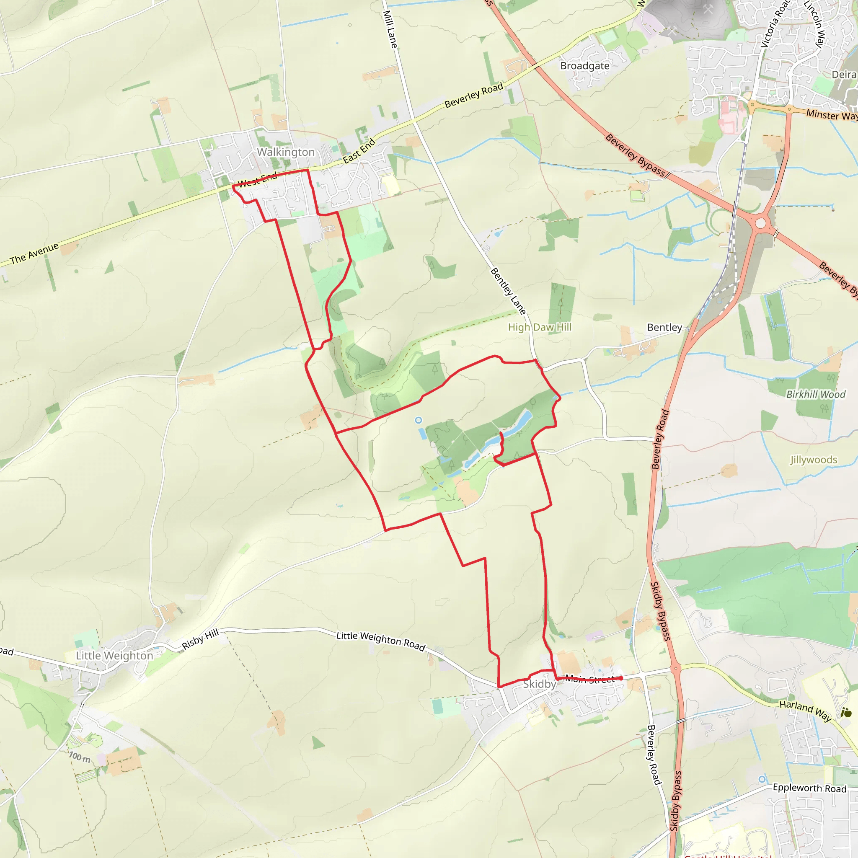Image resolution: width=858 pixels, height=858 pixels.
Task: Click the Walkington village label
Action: pyautogui.click(x=286, y=152)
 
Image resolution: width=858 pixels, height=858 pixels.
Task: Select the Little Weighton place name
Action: pyautogui.click(x=114, y=656)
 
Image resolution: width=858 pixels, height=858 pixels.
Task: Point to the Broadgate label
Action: pyautogui.click(x=584, y=66)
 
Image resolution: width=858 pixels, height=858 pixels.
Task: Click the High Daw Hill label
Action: pyautogui.click(x=540, y=327)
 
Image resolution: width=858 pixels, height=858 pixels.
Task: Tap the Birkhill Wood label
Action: pyautogui.click(x=816, y=394)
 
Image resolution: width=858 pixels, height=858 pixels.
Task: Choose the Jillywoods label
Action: pyautogui.click(x=814, y=460)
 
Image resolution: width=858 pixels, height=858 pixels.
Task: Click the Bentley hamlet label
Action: pyautogui.click(x=664, y=327)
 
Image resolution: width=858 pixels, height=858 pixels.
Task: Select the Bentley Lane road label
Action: pyautogui.click(x=508, y=291)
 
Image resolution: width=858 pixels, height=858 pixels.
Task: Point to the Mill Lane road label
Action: pyautogui.click(x=390, y=29)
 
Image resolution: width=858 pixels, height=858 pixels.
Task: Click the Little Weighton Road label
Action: pyautogui.click(x=380, y=641)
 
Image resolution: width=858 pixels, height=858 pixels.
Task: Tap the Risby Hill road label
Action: pyautogui.click(x=200, y=639)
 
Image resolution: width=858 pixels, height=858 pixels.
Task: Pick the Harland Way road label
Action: pyautogui.click(x=805, y=710)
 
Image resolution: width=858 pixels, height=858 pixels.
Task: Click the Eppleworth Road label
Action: pyautogui.click(x=809, y=788)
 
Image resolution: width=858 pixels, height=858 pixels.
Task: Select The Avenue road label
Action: pyautogui.click(x=34, y=253)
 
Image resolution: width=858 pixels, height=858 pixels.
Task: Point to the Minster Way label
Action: pyautogui.click(x=831, y=115)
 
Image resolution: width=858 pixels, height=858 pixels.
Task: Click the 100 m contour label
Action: pyautogui.click(x=80, y=757)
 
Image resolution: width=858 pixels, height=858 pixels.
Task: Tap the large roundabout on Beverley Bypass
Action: pyautogui.click(x=761, y=223)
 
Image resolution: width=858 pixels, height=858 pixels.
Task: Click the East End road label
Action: pyautogui.click(x=359, y=151)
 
